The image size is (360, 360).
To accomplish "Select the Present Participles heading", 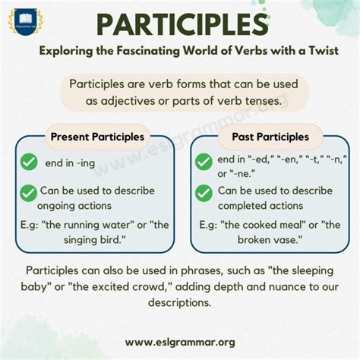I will click(96, 137).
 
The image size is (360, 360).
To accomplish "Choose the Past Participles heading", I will click(264, 137).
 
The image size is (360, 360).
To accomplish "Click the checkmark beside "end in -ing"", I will click(29, 162).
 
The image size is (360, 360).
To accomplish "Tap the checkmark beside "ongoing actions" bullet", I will click(29, 193).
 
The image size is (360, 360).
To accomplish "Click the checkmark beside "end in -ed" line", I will click(204, 162).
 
